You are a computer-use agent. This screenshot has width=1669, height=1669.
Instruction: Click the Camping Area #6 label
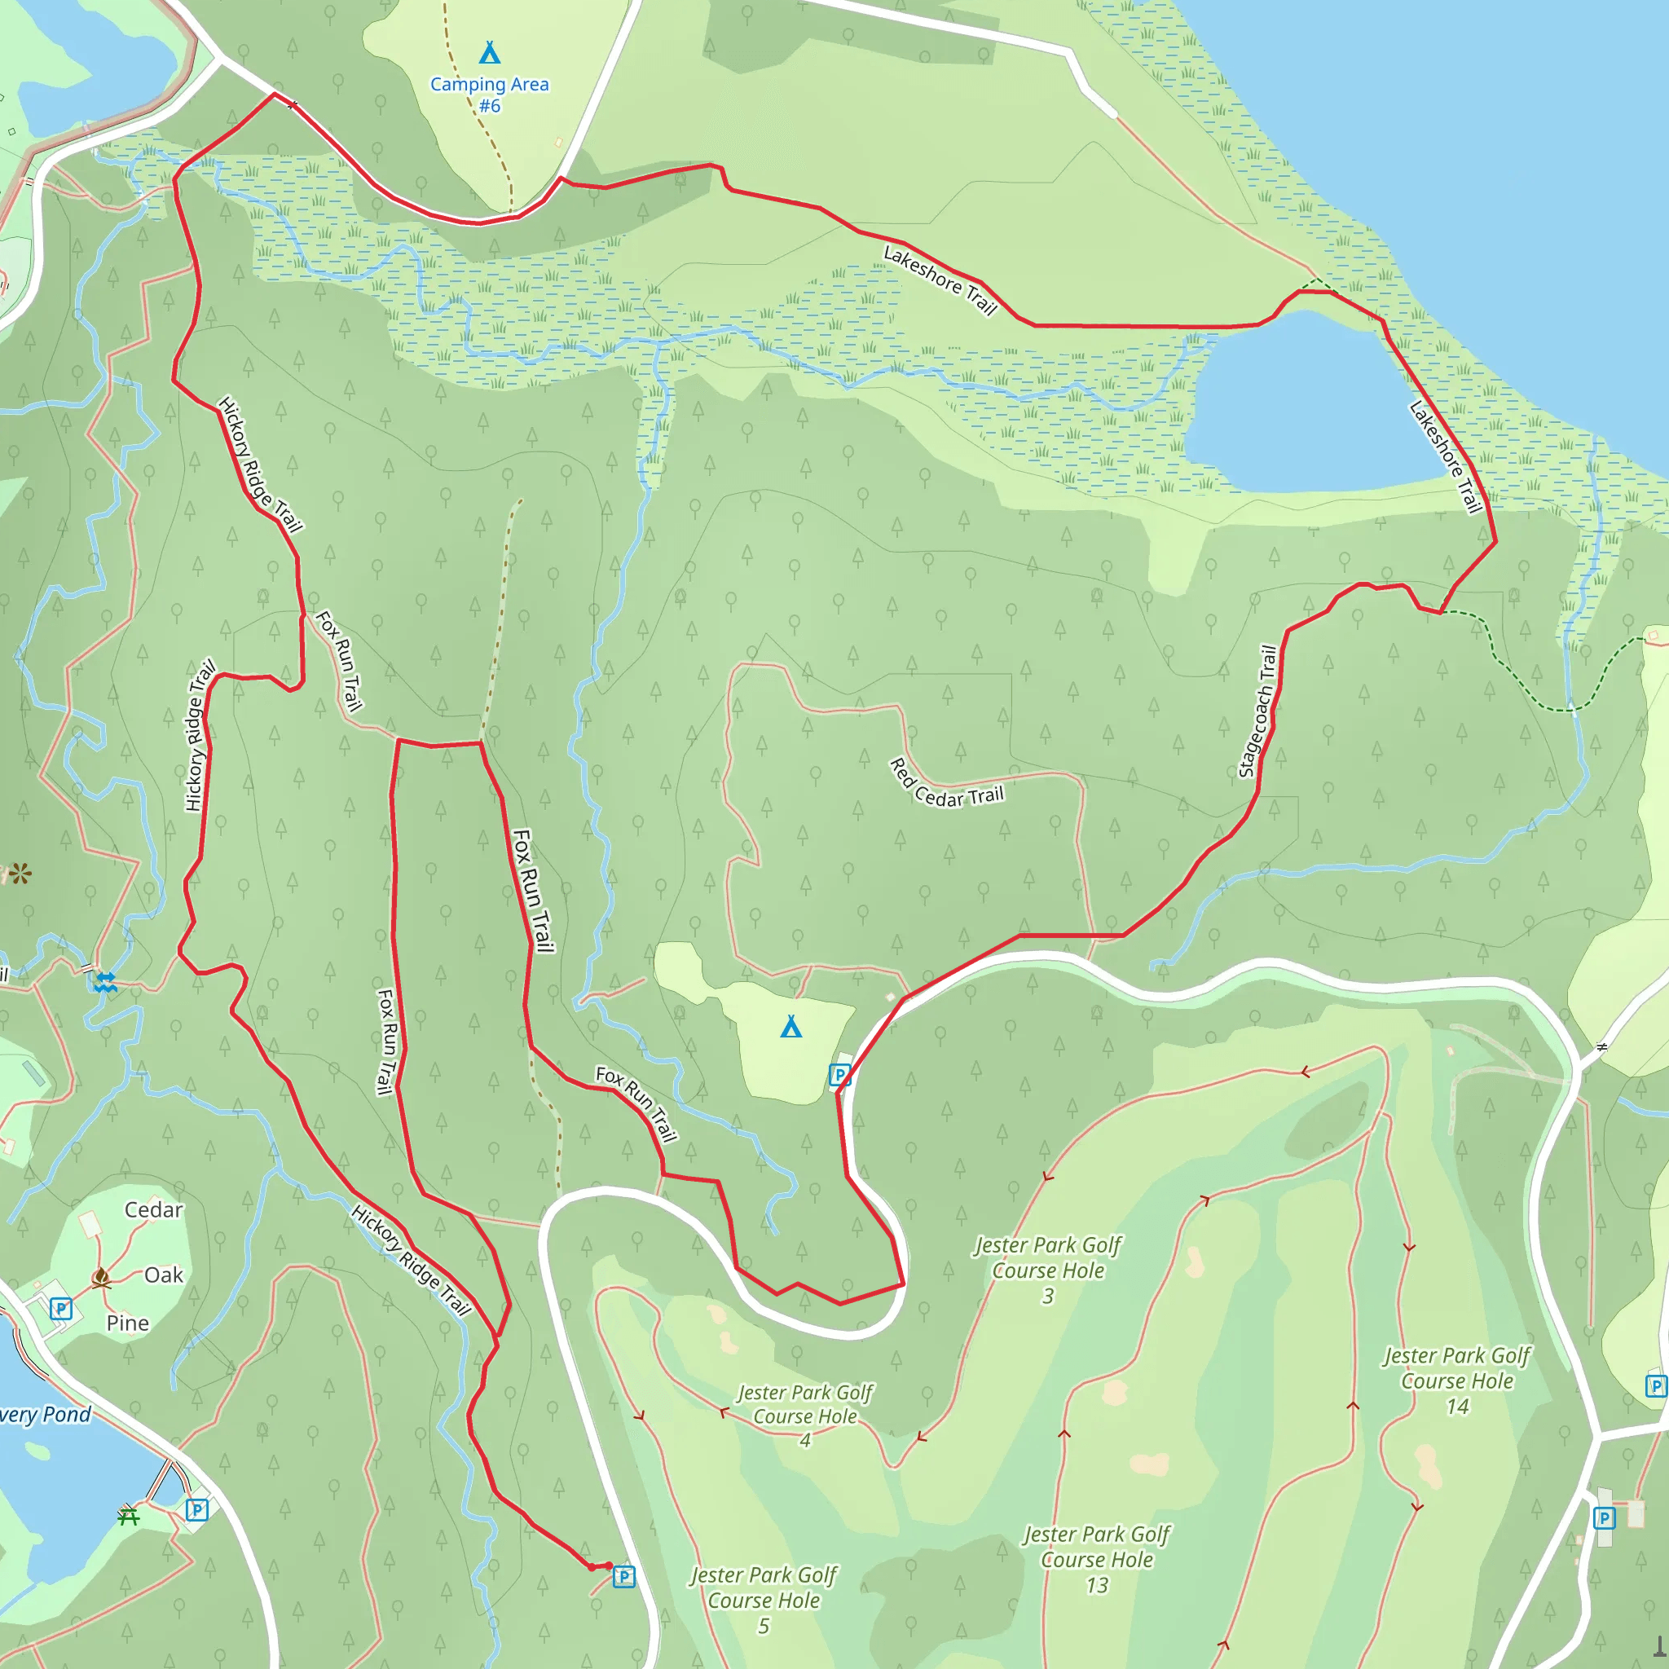[x=489, y=95]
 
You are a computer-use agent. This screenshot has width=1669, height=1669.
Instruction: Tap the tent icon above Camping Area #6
[x=489, y=53]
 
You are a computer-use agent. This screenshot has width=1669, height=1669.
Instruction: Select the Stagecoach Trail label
[x=1257, y=711]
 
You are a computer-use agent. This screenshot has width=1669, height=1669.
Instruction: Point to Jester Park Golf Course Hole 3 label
[x=1047, y=1270]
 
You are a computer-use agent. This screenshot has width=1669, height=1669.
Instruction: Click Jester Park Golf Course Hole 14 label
[x=1456, y=1381]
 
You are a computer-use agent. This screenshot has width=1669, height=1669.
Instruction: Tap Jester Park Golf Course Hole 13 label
[x=1096, y=1559]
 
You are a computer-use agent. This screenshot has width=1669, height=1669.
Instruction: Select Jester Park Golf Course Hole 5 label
[x=764, y=1600]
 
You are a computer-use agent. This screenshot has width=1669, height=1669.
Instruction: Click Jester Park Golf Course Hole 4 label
[x=804, y=1415]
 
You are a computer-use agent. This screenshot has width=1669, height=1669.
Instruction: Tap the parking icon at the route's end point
[x=623, y=1578]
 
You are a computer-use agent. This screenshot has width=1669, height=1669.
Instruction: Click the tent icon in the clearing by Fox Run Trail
[x=790, y=1026]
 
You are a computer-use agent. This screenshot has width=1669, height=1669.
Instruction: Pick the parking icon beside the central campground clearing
[x=839, y=1075]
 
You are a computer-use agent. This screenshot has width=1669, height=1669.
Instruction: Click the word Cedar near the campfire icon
[x=154, y=1209]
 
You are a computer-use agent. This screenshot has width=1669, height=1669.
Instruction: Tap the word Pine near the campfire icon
[x=128, y=1323]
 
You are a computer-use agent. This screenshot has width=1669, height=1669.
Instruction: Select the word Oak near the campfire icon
[x=163, y=1275]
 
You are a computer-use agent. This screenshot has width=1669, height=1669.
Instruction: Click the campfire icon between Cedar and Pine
[x=101, y=1278]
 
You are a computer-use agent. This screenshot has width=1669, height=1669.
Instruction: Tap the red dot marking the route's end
[x=608, y=1566]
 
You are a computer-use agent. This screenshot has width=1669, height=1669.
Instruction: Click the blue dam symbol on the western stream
[x=104, y=981]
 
